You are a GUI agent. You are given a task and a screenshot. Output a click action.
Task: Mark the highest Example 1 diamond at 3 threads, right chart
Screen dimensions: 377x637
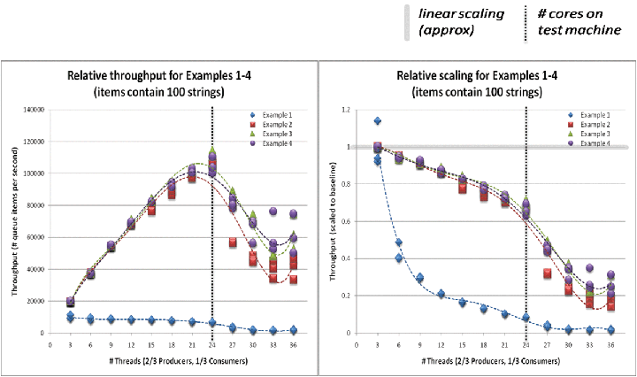(378, 121)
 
